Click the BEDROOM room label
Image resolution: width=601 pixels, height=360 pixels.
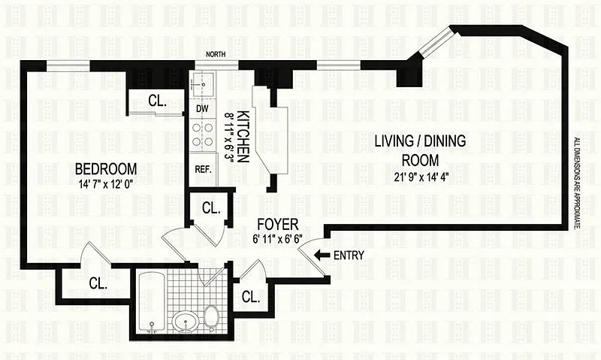(106, 168)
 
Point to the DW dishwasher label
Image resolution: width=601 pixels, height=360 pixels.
(202, 108)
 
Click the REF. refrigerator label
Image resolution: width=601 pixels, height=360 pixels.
(203, 169)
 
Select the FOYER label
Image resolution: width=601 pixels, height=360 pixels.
(277, 224)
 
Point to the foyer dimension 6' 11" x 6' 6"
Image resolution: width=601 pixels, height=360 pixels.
(277, 239)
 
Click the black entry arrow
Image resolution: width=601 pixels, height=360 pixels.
(322, 255)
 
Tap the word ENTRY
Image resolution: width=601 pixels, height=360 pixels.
(349, 255)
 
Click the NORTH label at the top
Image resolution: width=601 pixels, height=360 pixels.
(216, 54)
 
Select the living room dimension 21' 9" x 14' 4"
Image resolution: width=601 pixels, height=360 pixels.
(421, 177)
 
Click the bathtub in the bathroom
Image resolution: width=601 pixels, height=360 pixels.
(152, 301)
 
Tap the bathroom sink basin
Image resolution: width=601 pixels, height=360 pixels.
(186, 321)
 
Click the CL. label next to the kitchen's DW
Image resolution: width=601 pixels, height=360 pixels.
(157, 101)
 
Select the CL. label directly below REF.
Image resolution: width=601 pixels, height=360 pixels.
(211, 207)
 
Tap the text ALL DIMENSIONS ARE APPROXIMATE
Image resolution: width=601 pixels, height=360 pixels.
(576, 183)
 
